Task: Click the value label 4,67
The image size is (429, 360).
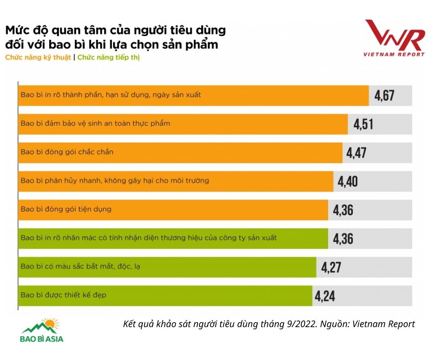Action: pos(384,95)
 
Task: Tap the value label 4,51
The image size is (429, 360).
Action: pos(363,124)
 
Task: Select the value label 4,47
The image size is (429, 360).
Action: pos(356,153)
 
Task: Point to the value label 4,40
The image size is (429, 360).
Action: pos(348,181)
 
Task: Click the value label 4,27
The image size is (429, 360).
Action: pos(331,267)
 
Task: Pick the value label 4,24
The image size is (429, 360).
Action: pos(324,296)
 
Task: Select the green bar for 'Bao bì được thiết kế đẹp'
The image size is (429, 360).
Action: pos(165,296)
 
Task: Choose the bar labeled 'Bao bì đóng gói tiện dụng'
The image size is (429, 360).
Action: pos(173,210)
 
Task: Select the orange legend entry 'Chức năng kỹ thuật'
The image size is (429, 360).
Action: pos(38,58)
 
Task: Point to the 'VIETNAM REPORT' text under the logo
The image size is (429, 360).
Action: pos(394,54)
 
